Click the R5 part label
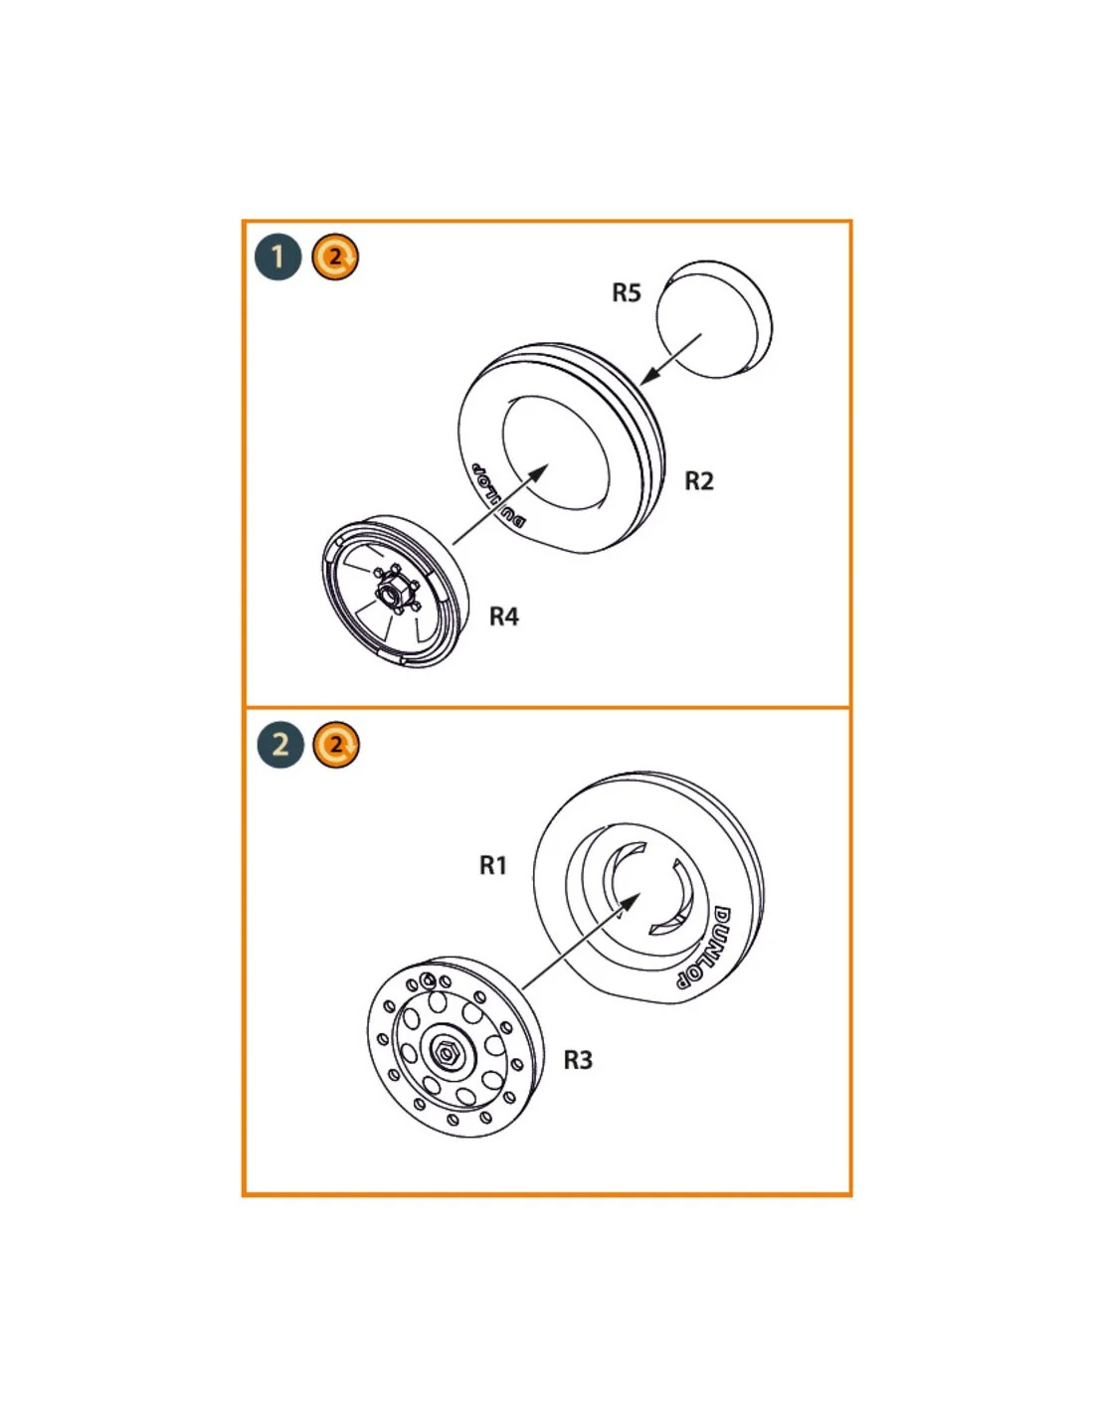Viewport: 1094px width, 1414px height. (627, 292)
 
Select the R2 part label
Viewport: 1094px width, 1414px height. (699, 481)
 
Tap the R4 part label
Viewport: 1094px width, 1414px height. (503, 617)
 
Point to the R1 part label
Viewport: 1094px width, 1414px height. (492, 865)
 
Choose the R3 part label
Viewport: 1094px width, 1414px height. (578, 1060)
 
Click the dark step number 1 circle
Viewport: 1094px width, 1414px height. (277, 258)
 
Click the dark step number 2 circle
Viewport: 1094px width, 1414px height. (280, 745)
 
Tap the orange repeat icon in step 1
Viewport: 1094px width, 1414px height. (335, 258)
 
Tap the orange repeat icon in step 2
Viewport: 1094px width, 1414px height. (336, 745)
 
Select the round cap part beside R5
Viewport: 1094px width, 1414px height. (714, 319)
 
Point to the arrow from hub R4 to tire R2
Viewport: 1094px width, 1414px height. (501, 504)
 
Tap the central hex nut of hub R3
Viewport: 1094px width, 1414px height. (448, 1052)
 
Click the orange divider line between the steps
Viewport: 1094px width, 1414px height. (547, 707)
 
